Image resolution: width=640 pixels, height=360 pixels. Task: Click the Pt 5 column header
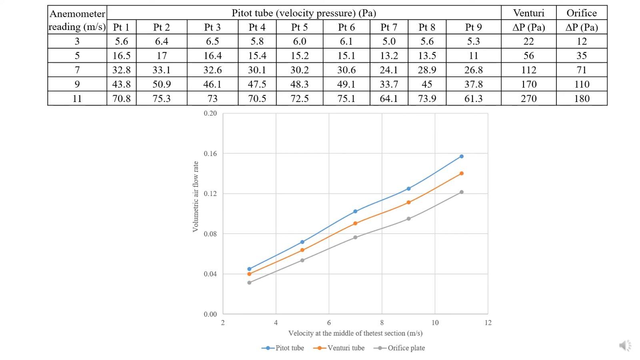pos(299,27)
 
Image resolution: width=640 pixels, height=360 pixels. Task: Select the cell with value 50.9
pos(161,84)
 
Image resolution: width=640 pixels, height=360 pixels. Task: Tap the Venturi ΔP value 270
pos(528,99)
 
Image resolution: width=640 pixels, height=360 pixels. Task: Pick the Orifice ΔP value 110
pos(582,84)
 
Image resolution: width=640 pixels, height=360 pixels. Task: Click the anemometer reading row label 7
pos(77,70)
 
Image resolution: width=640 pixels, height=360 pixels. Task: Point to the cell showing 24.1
pos(388,70)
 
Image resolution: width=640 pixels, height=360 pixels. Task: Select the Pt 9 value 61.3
pos(473,99)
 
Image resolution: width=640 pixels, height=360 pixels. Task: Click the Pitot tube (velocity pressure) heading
pos(304,13)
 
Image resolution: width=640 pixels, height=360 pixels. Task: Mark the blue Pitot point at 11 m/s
pos(461,156)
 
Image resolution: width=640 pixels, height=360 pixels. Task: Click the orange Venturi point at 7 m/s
pos(355,223)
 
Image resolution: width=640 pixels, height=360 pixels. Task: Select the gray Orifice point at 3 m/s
pos(249,283)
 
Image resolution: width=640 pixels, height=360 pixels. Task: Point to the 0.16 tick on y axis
pos(210,154)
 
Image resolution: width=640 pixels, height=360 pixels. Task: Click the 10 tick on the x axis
pos(435,323)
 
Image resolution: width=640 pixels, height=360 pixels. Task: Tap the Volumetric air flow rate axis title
pos(196,196)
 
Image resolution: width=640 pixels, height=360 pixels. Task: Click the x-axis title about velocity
pos(355,333)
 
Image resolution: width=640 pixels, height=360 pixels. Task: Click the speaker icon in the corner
pos(625,346)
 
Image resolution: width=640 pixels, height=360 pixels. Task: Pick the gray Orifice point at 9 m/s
pos(408,219)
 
